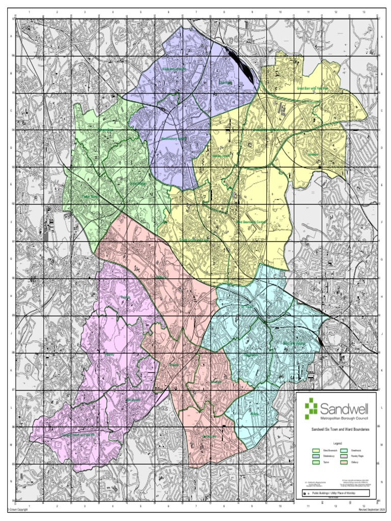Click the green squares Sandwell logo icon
311,409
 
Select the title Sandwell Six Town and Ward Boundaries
337,430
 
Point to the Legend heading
337,444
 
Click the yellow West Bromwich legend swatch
317,451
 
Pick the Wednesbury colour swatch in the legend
317,456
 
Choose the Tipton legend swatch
317,462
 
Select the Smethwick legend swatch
344,451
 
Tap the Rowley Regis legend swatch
344,456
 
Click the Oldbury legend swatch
344,462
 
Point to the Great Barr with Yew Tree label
313,88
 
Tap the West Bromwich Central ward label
251,222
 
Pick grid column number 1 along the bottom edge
29,506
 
